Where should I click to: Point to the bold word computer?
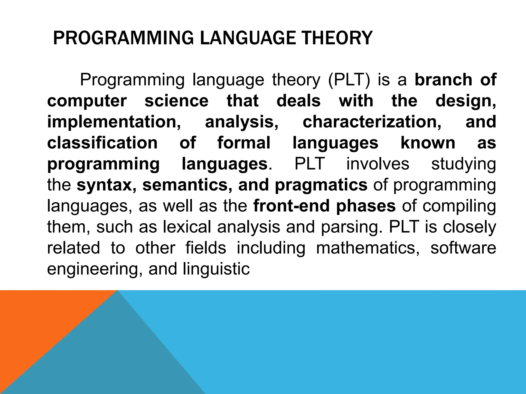[87, 101]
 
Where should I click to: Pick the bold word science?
[176, 101]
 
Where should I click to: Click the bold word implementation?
[114, 122]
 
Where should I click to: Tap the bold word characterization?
[372, 122]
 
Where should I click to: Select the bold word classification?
[102, 143]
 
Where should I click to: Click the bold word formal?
[244, 143]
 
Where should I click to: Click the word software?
[463, 248]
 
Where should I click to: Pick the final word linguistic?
[216, 269]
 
